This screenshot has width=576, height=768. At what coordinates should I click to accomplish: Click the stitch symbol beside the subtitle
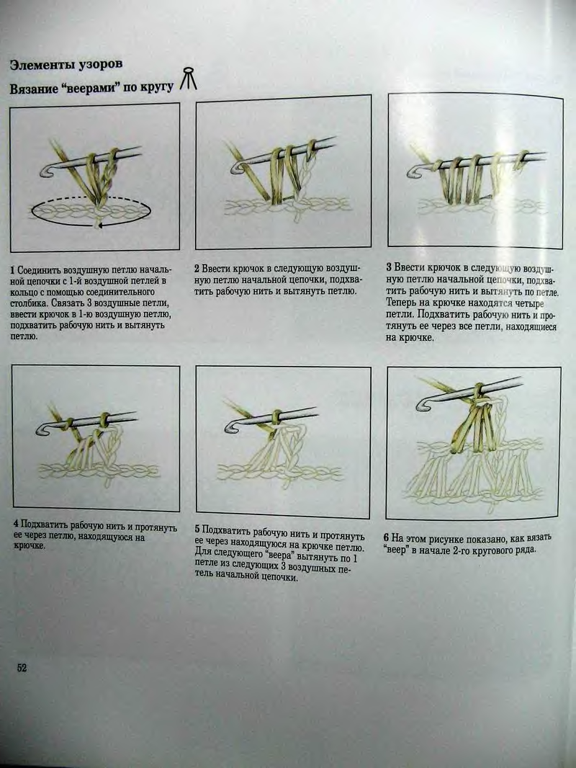[x=189, y=79]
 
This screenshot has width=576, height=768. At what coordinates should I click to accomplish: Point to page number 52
[x=22, y=668]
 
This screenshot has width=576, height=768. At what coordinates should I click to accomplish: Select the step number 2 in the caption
[x=197, y=269]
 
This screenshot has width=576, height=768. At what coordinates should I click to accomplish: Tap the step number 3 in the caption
[x=389, y=267]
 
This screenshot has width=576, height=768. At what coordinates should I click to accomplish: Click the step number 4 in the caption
[x=16, y=524]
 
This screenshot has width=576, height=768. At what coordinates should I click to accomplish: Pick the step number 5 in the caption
[x=197, y=529]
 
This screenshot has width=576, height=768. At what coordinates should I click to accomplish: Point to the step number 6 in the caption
[x=387, y=538]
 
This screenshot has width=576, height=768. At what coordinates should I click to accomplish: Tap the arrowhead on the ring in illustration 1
[x=99, y=226]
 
